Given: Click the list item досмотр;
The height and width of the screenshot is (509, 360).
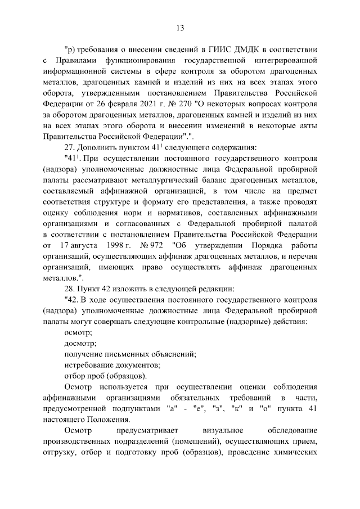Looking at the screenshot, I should (x=80, y=344).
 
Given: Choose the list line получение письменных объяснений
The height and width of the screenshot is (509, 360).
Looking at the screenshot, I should (x=130, y=355).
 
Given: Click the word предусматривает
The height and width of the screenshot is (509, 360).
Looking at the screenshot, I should (x=144, y=432).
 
